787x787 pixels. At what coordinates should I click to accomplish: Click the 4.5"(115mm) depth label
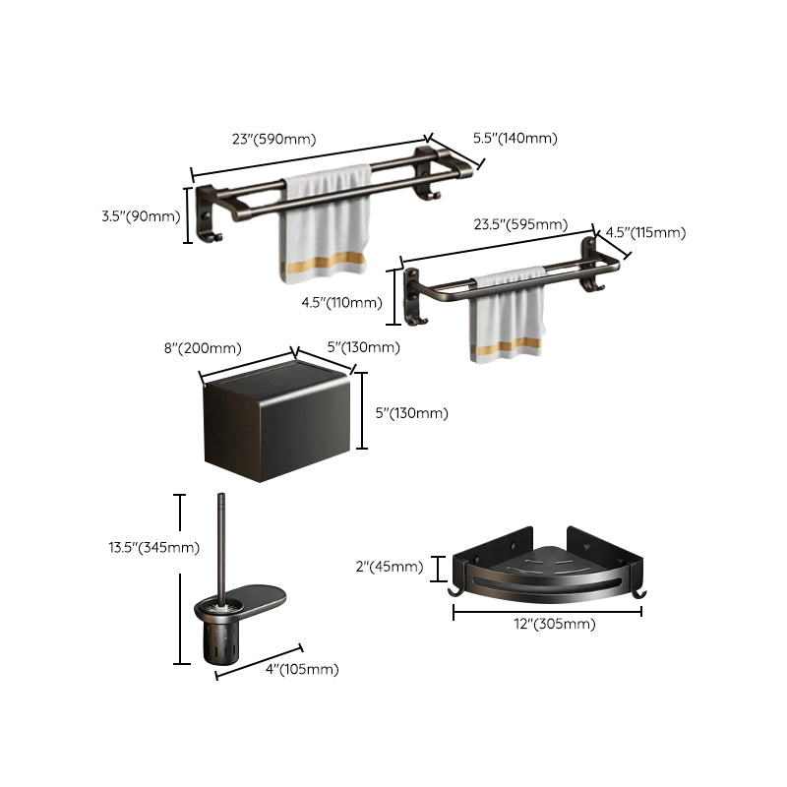coord(644,233)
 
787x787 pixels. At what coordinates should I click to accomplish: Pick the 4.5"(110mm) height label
coord(341,303)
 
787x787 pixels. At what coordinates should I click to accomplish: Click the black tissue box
coord(277,423)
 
